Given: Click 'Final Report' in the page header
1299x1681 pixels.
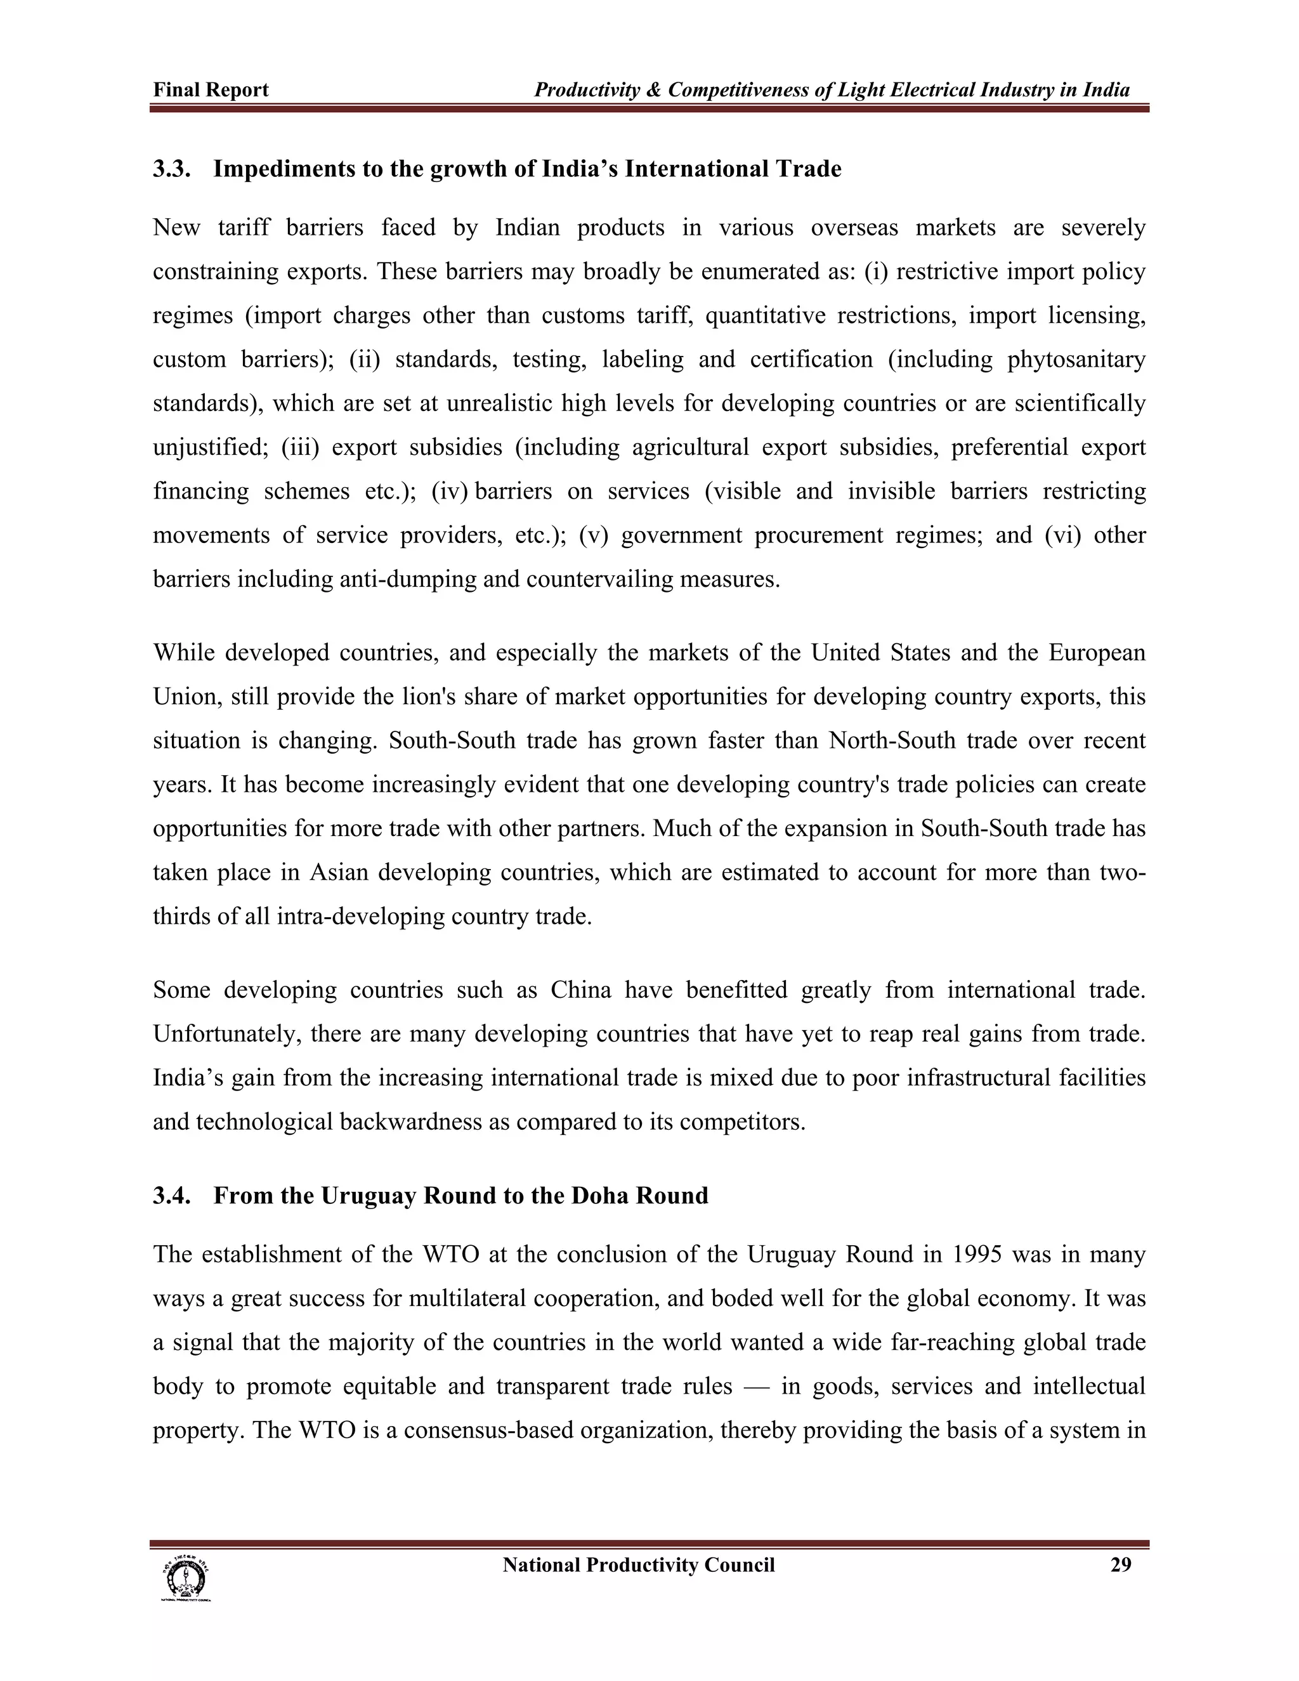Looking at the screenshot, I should pyautogui.click(x=211, y=90).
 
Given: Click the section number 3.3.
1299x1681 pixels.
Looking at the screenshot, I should pyautogui.click(x=171, y=169).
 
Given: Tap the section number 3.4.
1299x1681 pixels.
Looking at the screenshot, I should pyautogui.click(x=171, y=1195).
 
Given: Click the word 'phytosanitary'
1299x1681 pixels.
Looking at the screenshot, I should pyautogui.click(x=1076, y=360).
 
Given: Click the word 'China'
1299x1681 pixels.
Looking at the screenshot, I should pyautogui.click(x=580, y=990).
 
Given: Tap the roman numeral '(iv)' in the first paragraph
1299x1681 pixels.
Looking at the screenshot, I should pyautogui.click(x=450, y=491).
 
